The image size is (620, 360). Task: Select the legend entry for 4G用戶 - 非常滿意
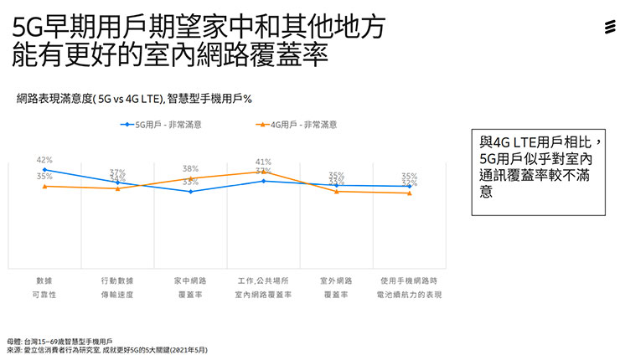(301, 124)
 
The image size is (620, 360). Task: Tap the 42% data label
(44, 159)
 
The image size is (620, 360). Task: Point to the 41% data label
(263, 162)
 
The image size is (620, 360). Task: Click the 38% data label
(190, 168)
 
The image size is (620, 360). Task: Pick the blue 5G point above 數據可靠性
(44, 169)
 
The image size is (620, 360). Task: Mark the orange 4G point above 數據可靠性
(44, 186)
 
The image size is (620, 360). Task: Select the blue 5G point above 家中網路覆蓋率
(190, 192)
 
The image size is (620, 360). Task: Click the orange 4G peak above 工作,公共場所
(263, 172)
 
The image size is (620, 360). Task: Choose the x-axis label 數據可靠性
(44, 286)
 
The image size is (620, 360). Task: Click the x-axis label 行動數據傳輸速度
(117, 286)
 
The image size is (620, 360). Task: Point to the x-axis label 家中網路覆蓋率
(190, 286)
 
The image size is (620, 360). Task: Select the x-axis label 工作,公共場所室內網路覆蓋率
(263, 286)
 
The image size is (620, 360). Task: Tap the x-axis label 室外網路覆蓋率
(336, 286)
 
